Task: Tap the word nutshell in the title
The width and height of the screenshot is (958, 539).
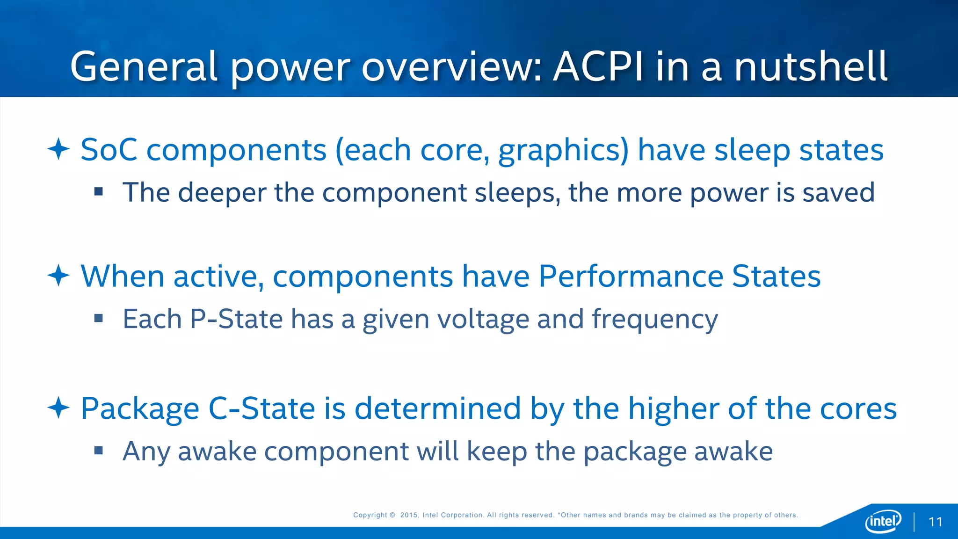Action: tap(810, 66)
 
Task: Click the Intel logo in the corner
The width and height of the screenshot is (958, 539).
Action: tap(883, 521)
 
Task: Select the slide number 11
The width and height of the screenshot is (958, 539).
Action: tap(935, 522)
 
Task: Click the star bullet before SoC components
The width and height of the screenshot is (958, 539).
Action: tap(58, 149)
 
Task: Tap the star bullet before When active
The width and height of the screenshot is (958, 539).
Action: tap(58, 276)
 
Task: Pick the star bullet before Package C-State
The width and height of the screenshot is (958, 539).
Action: tap(58, 408)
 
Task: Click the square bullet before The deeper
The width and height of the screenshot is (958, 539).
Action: tap(98, 191)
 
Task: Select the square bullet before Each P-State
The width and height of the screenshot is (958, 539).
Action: tap(98, 319)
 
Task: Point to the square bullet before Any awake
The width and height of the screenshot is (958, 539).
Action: tap(98, 451)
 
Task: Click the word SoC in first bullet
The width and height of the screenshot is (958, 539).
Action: tap(109, 150)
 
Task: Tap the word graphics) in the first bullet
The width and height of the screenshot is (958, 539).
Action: tap(564, 151)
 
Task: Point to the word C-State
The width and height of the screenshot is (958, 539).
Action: tap(261, 408)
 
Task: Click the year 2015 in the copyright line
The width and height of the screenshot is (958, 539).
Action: tap(409, 515)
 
